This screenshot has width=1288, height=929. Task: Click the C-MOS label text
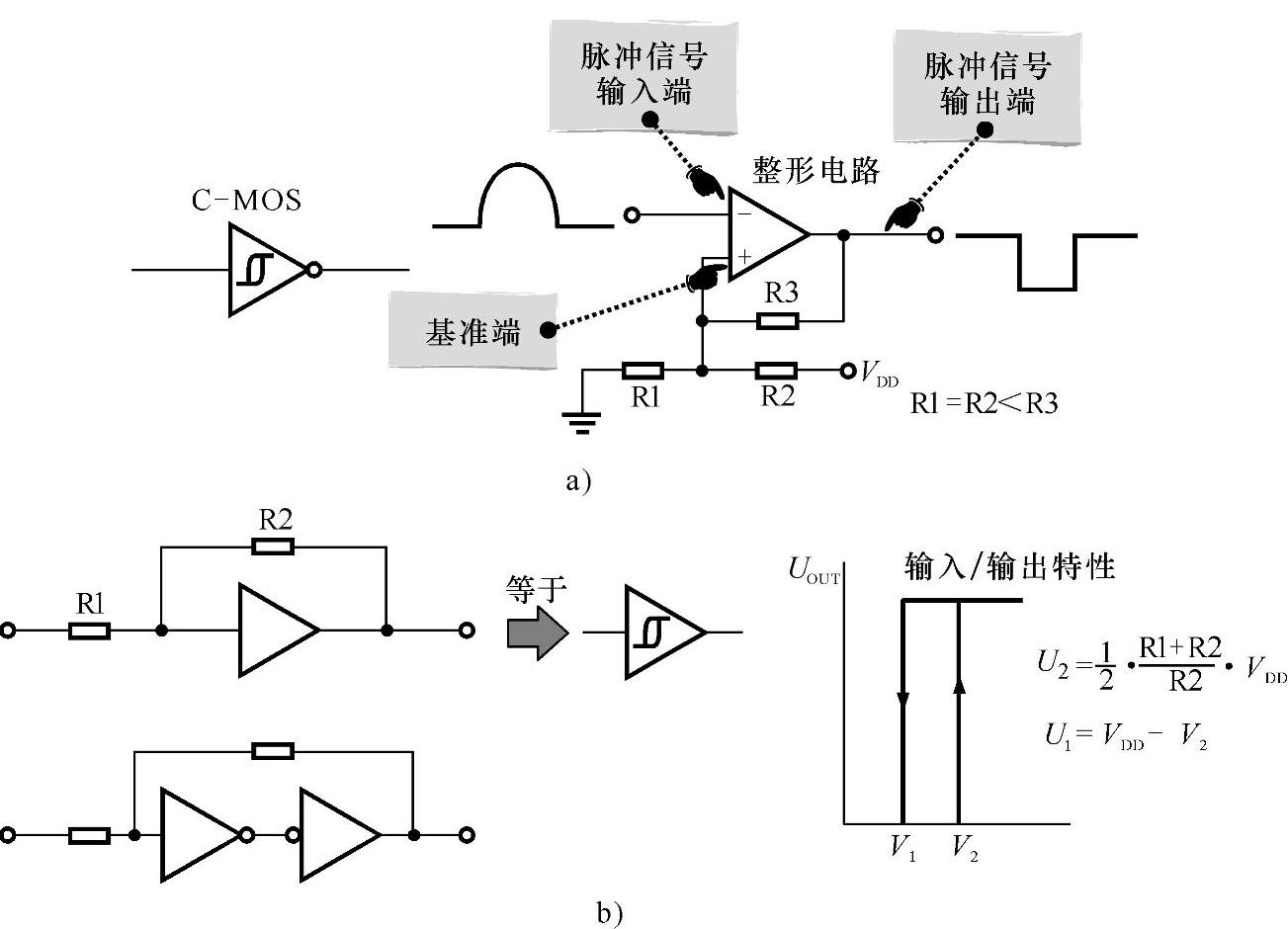point(246,201)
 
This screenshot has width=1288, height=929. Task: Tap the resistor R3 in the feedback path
point(777,320)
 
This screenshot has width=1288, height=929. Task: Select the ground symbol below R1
point(583,424)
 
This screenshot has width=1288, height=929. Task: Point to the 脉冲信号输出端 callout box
point(987,84)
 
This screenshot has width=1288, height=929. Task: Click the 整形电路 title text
point(816,170)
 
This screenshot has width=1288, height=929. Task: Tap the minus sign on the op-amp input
point(742,212)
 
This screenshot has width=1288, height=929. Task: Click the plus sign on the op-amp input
point(743,256)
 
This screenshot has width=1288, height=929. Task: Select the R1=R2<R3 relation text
point(984,403)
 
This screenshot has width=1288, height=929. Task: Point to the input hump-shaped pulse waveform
point(520,201)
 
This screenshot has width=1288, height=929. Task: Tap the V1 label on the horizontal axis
point(902,849)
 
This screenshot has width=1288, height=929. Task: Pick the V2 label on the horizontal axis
point(965,849)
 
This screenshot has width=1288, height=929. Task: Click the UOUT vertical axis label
point(813,570)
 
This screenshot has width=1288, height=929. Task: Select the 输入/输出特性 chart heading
point(1009,566)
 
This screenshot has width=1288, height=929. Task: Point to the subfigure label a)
point(577,481)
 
